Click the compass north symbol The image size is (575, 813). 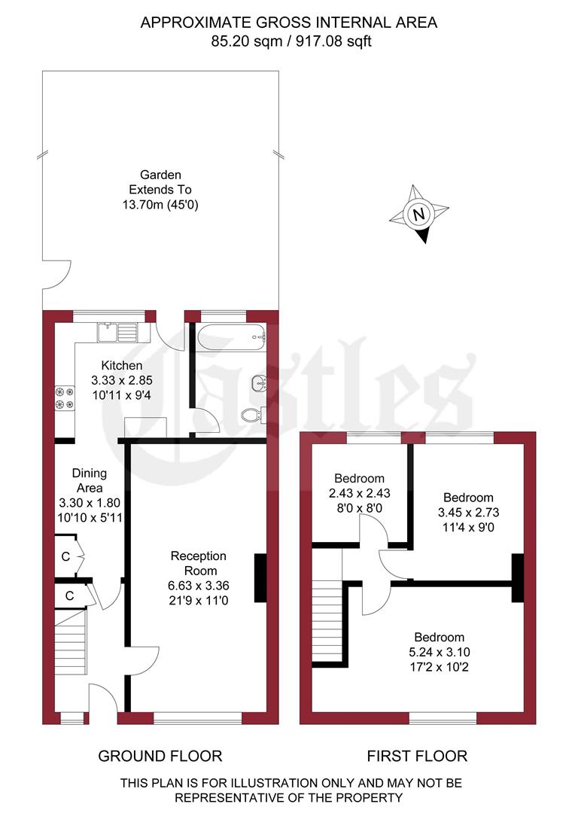click(x=418, y=215)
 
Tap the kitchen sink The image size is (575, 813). click(x=117, y=330)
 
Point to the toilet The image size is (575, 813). click(x=251, y=413)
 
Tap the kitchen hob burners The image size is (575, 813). click(x=63, y=398)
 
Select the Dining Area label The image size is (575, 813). click(x=90, y=480)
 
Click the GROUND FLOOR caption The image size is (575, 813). click(x=160, y=756)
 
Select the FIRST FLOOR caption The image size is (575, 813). click(x=417, y=756)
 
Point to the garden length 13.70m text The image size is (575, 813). click(x=161, y=204)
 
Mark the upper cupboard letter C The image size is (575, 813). click(x=66, y=556)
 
